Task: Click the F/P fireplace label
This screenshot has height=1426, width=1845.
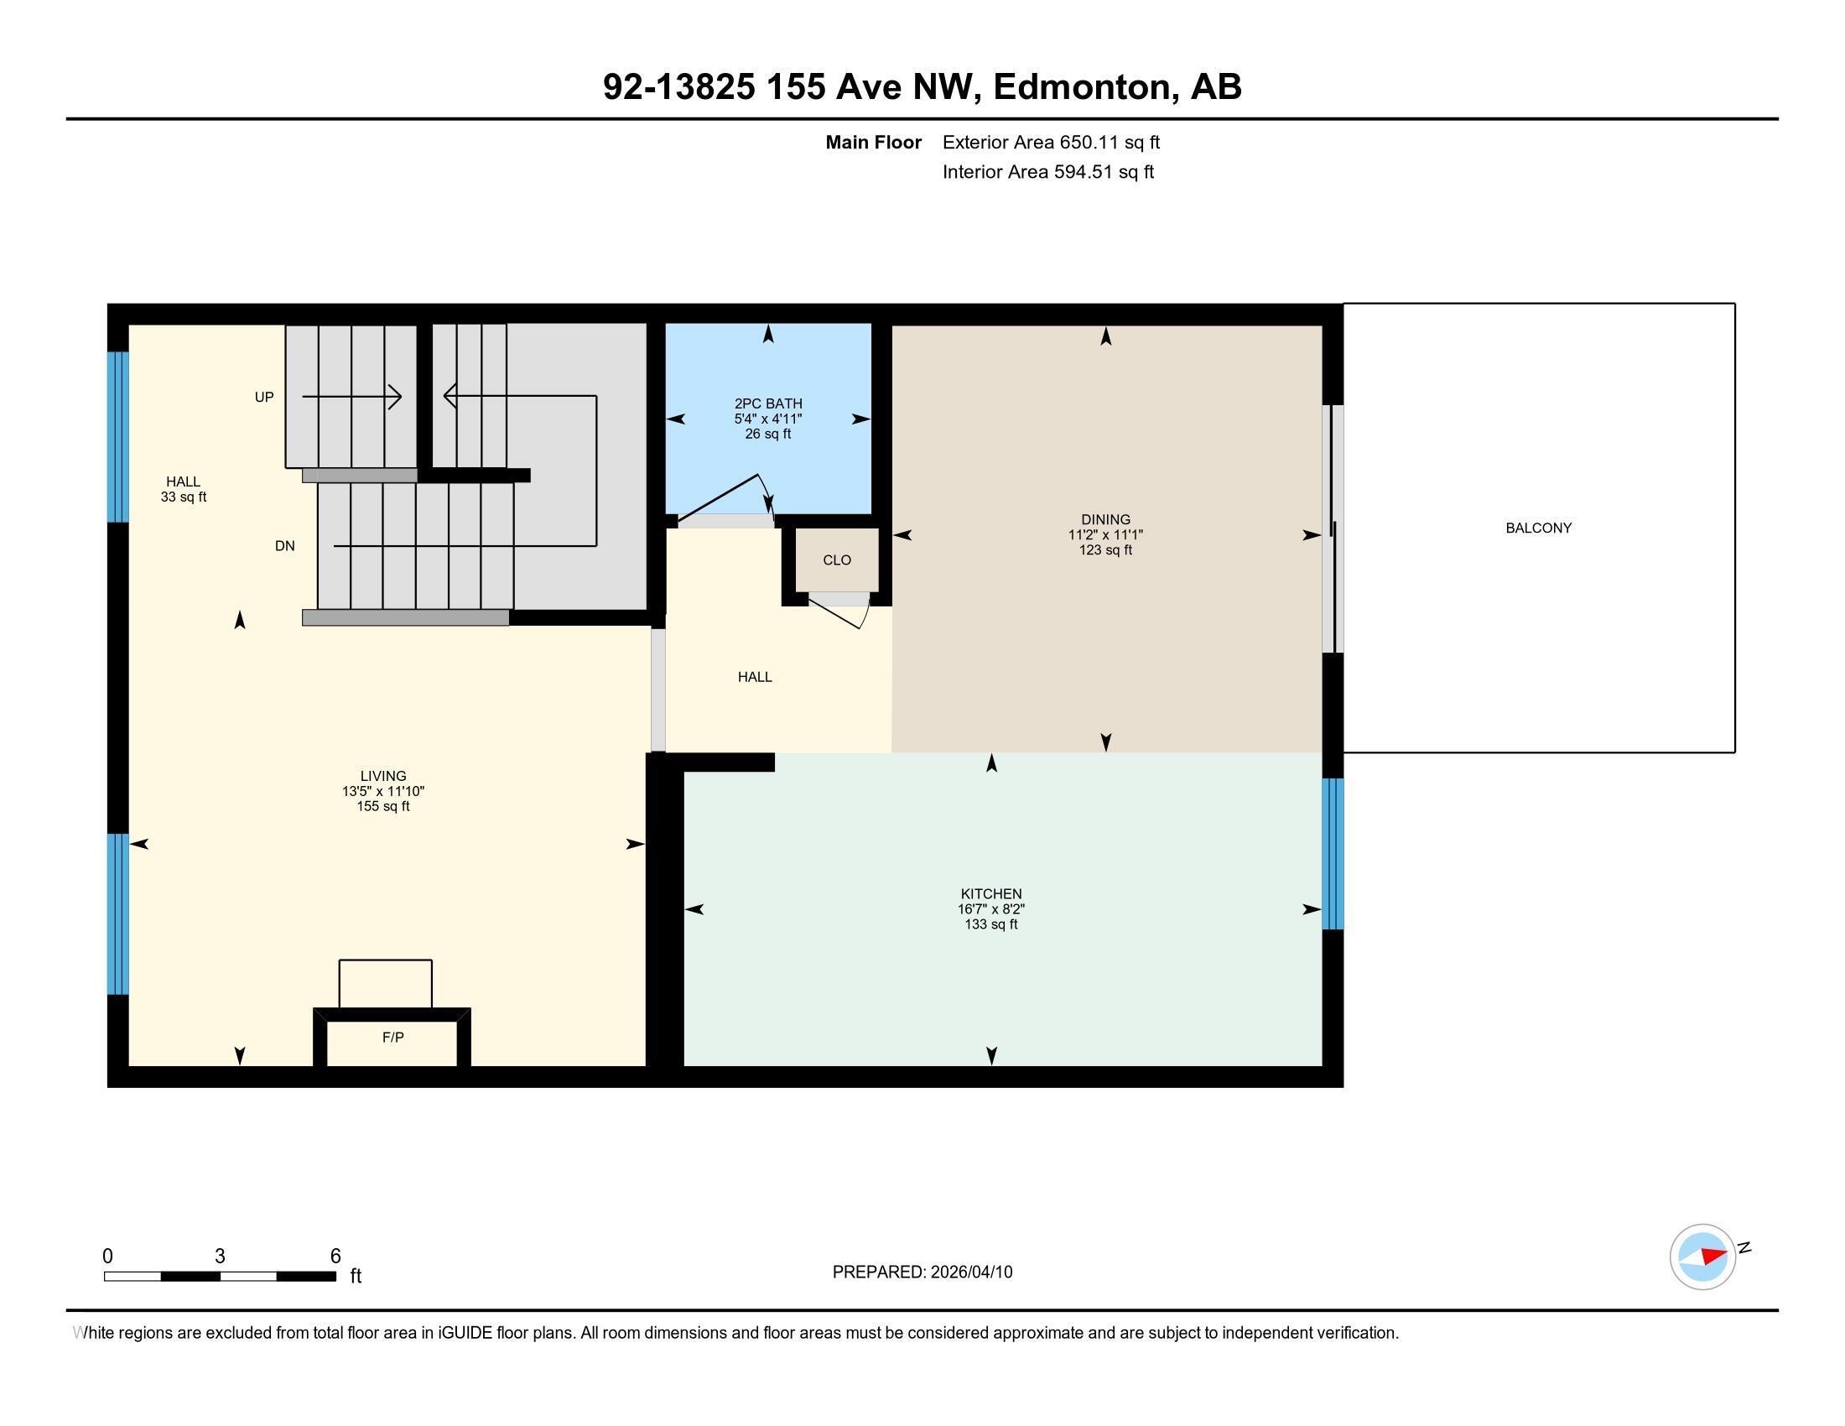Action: (392, 1038)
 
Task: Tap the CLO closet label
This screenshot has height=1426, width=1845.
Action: (836, 560)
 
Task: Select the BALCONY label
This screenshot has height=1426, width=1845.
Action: (1537, 528)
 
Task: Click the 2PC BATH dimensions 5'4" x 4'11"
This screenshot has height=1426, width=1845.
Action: (767, 419)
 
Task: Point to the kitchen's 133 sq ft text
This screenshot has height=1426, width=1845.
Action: (991, 924)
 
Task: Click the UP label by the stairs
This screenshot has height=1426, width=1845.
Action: (264, 397)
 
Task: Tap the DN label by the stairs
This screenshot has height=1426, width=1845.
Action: (284, 546)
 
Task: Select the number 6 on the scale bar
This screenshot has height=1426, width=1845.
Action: (335, 1256)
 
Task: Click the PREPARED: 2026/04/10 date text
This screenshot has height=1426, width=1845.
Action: (922, 1272)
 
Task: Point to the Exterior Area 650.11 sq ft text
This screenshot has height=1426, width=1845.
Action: (1051, 143)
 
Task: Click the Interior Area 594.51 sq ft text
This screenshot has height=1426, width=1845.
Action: (1047, 172)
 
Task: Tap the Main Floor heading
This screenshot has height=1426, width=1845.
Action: (873, 143)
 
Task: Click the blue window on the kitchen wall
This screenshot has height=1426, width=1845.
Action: (1333, 853)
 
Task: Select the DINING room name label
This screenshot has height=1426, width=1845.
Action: (1105, 519)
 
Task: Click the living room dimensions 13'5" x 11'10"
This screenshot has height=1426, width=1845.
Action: (382, 792)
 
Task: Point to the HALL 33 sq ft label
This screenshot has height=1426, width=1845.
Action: (184, 489)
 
